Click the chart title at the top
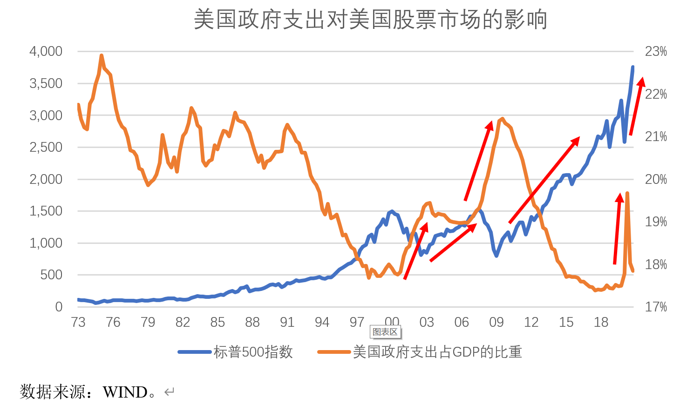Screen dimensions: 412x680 tap(370, 20)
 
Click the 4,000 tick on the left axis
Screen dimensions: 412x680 tap(46, 51)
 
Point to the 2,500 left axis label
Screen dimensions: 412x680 tap(46, 147)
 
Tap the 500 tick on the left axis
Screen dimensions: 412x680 tap(51, 275)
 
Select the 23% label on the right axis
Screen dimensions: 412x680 tap(656, 51)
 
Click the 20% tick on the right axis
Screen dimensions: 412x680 tap(656, 179)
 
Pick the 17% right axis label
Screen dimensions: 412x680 tap(656, 307)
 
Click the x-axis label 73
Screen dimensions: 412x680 tap(78, 322)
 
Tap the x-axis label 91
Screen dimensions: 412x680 tap(287, 322)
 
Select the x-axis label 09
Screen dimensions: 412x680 tap(496, 322)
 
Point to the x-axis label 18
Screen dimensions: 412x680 tap(601, 322)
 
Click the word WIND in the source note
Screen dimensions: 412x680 tap(125, 392)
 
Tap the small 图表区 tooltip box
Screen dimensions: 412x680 tap(385, 332)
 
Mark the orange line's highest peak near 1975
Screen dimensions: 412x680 tap(102, 55)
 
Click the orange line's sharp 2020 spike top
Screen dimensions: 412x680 tap(627, 193)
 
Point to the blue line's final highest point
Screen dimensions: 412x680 tap(632, 67)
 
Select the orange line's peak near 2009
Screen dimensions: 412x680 tap(502, 119)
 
